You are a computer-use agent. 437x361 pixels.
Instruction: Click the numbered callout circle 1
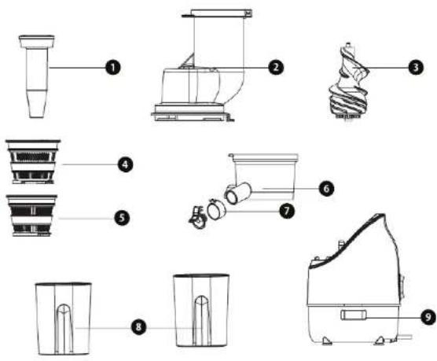115,68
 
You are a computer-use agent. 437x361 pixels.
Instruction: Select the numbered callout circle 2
274,68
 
